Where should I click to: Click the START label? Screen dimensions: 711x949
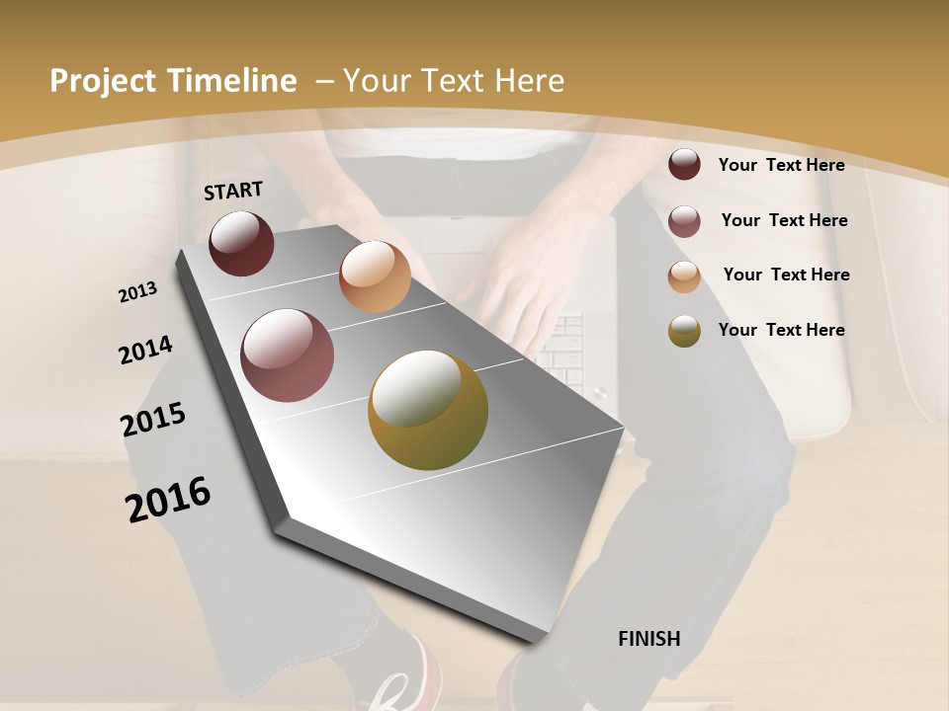tap(233, 191)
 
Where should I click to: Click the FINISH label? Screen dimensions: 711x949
tap(648, 639)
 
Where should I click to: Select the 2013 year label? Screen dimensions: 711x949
tap(138, 292)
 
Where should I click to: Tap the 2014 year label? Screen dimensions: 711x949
tap(145, 351)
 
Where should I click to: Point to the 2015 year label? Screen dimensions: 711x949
tap(153, 420)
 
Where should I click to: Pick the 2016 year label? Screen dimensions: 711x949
tap(168, 499)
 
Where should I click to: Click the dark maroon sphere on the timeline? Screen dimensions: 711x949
tap(241, 243)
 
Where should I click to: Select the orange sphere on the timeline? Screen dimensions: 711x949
tap(375, 276)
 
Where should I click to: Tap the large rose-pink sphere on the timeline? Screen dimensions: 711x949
tap(288, 355)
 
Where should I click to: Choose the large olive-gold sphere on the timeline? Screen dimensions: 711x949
tap(428, 410)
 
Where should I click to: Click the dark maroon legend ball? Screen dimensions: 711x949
tap(684, 165)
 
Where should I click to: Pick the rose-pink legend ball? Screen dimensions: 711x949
tap(684, 221)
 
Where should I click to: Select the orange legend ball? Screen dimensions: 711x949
tap(684, 276)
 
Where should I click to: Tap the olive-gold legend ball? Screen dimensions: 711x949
tap(684, 331)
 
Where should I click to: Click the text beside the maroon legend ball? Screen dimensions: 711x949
tap(781, 165)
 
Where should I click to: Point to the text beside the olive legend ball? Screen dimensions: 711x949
tap(781, 330)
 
